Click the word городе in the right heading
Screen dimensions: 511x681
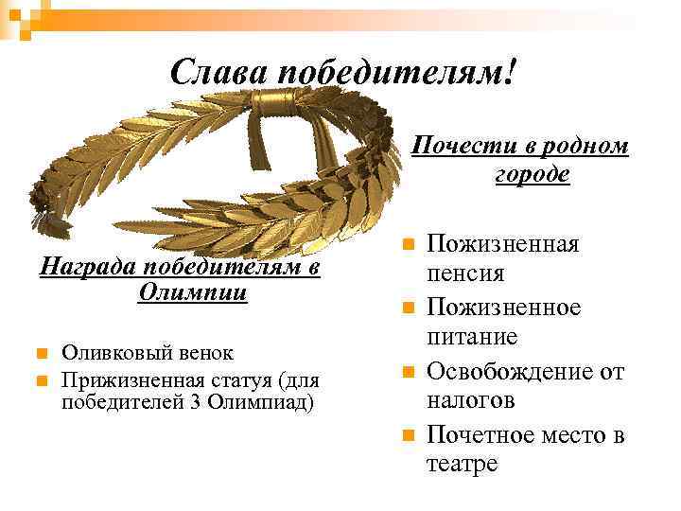[x=532, y=174]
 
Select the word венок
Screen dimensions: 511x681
[x=200, y=353]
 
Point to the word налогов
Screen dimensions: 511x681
[x=470, y=401]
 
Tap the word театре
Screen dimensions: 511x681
[x=463, y=465]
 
